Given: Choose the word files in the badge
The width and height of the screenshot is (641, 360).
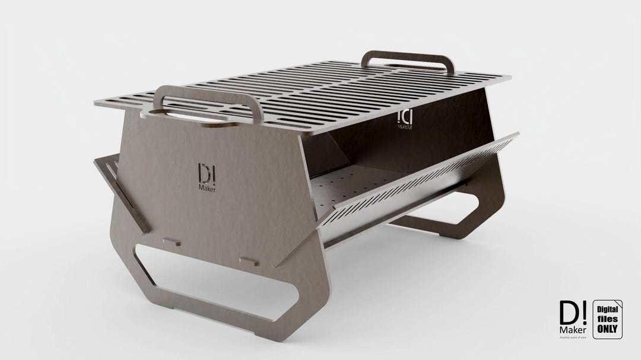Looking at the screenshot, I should [x=607, y=318].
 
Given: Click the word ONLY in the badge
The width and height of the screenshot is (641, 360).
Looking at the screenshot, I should [x=607, y=327].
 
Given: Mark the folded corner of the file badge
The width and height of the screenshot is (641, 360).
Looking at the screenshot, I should [x=620, y=302].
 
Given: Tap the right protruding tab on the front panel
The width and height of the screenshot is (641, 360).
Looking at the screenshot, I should [x=248, y=260].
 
